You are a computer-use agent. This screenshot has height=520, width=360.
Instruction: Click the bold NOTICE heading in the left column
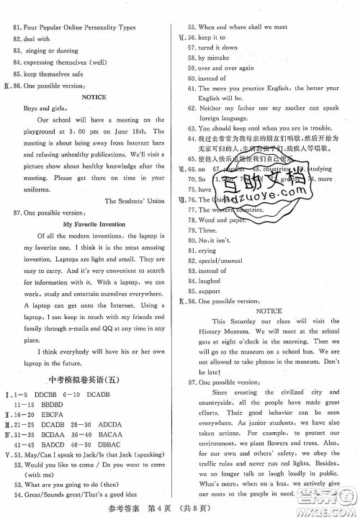94,97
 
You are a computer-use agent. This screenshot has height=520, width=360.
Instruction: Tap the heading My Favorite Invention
94,224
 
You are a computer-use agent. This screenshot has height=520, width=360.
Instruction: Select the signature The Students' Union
135,200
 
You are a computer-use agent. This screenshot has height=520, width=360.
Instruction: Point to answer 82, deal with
36,39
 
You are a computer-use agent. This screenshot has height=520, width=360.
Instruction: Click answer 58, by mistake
211,57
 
